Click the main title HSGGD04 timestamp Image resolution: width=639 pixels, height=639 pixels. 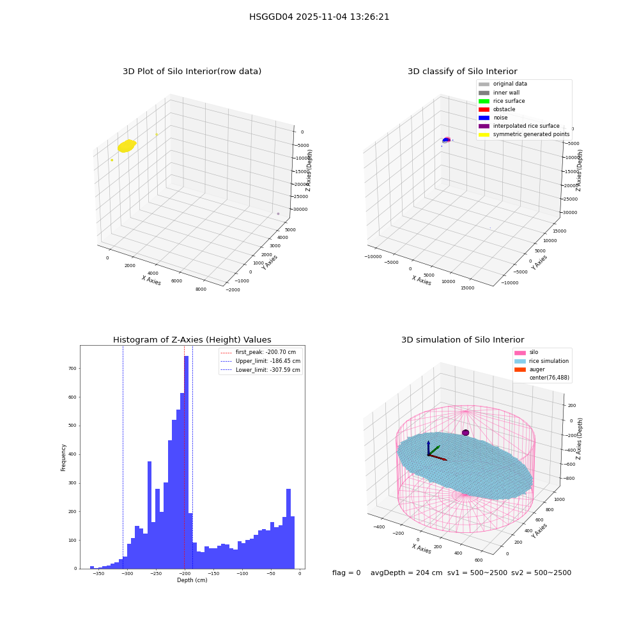click(319, 17)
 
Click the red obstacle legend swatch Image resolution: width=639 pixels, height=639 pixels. click(484, 109)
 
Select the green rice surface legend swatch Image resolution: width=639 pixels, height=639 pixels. click(484, 101)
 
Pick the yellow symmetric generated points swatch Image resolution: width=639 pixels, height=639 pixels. click(484, 134)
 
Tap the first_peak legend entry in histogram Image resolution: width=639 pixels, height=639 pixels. click(261, 352)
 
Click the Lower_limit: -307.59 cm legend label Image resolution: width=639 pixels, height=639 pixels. click(268, 370)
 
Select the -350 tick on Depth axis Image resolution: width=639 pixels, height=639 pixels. click(98, 574)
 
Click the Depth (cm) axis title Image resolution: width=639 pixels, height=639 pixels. click(192, 580)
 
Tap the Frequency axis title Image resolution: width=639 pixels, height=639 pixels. click(63, 458)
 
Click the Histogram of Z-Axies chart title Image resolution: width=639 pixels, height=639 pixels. click(192, 340)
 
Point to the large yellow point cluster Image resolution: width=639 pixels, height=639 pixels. click(127, 146)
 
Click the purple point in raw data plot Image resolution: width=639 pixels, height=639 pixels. click(279, 213)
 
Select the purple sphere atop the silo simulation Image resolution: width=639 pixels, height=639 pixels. click(465, 433)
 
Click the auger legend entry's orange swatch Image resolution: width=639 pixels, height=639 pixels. click(520, 369)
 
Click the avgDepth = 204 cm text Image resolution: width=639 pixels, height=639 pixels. click(406, 573)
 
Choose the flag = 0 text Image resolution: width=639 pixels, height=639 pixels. click(346, 573)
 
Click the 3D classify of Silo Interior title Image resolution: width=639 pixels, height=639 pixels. click(463, 72)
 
